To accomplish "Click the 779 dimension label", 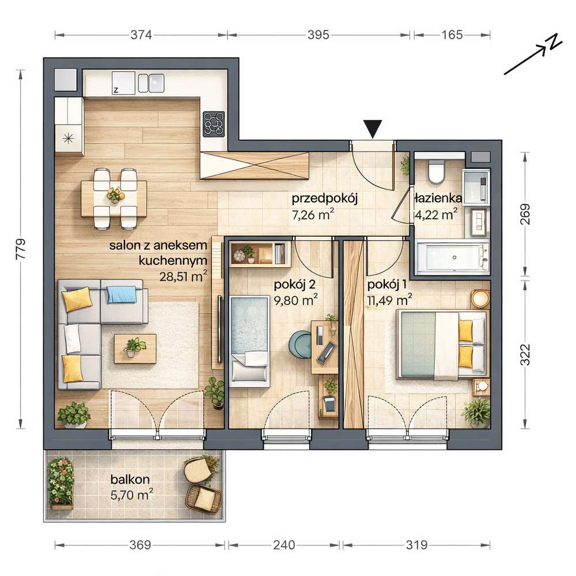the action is pos(21,249).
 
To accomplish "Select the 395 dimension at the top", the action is pos(318,35).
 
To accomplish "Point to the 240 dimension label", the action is pos(284,545).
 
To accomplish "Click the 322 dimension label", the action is pos(526,354).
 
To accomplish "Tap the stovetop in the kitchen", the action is pos(214,124).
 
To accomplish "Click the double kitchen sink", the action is pos(151,83).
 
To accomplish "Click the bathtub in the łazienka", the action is pos(452,257).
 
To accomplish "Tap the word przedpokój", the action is pos(324,199).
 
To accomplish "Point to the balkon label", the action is pos(130,479).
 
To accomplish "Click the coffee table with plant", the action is pos(135,348).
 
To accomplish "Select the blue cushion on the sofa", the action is pos(122,294).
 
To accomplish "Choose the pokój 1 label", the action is pos(387,285).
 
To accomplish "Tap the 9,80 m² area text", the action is pos(295,300).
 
